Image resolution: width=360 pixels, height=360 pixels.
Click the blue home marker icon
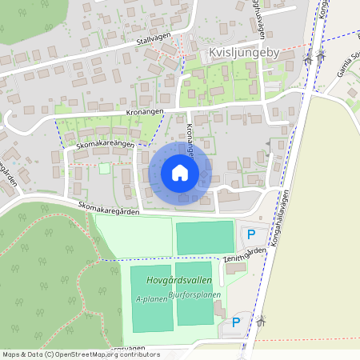[180, 173]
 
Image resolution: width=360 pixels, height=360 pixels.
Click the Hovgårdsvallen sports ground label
[173, 281]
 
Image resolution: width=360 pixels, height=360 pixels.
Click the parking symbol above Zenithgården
[251, 235]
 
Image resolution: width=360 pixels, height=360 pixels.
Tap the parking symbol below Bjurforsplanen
[235, 323]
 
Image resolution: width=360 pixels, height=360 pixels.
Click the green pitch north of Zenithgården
[203, 238]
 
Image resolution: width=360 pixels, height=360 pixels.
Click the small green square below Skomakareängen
[104, 168]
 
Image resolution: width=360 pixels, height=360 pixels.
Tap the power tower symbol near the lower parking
[261, 322]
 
